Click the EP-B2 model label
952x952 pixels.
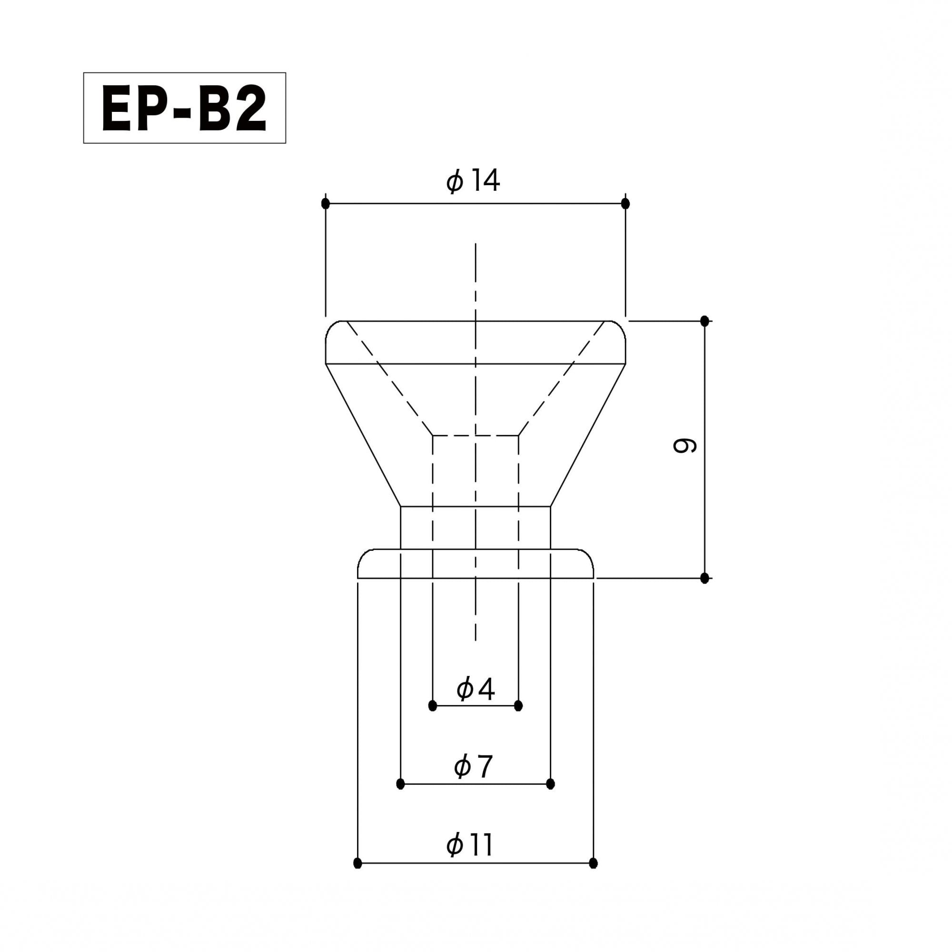click(184, 108)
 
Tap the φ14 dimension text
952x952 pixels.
click(473, 181)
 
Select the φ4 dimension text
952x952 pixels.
click(475, 688)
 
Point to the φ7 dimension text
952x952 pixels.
click(473, 767)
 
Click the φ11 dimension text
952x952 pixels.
click(470, 845)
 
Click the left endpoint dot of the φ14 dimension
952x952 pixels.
click(325, 203)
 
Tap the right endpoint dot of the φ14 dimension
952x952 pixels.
click(625, 203)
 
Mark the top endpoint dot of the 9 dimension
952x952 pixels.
click(704, 321)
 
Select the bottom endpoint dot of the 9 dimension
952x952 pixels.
click(704, 578)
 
